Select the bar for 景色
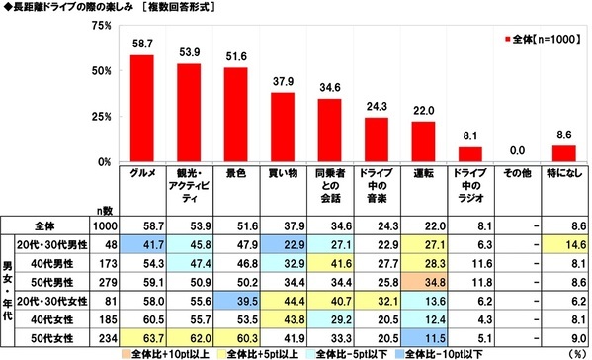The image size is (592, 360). point(237,115)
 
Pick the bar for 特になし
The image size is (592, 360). point(563,153)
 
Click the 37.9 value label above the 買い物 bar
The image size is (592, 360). point(284,81)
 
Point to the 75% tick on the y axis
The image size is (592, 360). point(97,27)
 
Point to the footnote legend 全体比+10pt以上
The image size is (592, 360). point(167,352)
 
